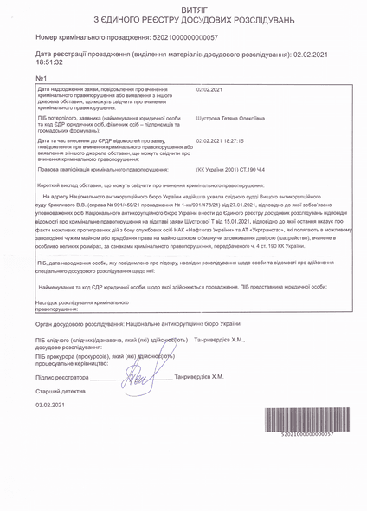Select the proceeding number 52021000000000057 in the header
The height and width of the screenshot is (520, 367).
point(182,38)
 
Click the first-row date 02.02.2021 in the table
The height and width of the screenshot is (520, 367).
point(210,90)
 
